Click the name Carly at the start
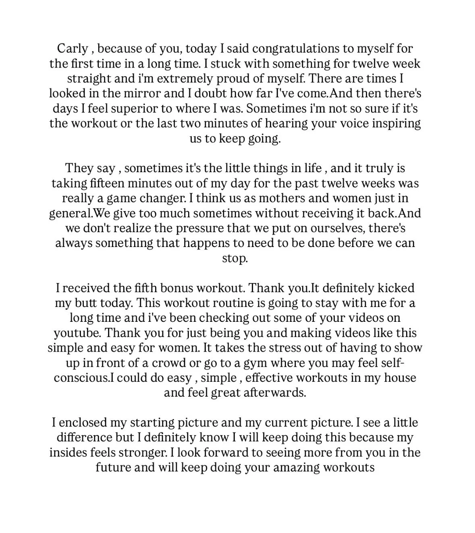tap(73, 49)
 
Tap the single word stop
tap(235, 258)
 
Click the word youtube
tap(77, 333)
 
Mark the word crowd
tap(170, 363)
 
